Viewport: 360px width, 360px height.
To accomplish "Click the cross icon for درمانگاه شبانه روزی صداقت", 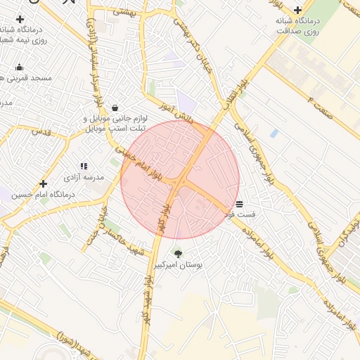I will pos(298,10).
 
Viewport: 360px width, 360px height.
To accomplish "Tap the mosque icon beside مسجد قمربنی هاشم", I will pos(19,67).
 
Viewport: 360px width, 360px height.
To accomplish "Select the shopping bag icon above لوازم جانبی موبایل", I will pos(115,108).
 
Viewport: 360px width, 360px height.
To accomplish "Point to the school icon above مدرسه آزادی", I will pos(84,166).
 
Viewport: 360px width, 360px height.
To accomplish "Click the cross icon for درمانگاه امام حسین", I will pos(43,183).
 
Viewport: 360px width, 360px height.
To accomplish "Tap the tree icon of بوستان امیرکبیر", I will pos(177,253).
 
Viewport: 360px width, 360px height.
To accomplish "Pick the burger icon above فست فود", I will pos(240,202).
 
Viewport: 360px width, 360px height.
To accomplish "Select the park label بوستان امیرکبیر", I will pos(182,266).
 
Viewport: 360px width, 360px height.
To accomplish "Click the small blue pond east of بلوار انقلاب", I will pos(274,132).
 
